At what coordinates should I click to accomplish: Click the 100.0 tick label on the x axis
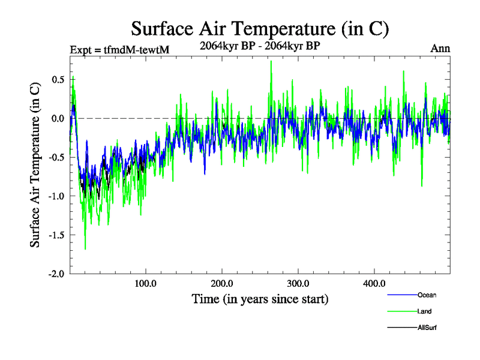(146, 283)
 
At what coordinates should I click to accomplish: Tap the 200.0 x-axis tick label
(222, 283)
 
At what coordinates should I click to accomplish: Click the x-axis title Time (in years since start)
(260, 299)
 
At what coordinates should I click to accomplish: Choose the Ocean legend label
(427, 295)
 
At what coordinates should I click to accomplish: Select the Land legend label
(425, 311)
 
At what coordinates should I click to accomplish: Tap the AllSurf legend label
(427, 328)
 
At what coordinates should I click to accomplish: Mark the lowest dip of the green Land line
(85, 248)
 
